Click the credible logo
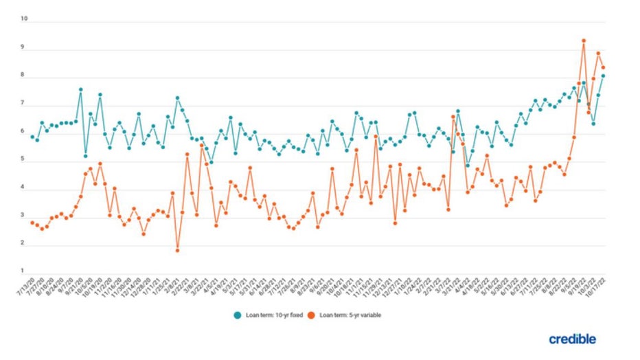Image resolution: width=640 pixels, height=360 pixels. click(572, 339)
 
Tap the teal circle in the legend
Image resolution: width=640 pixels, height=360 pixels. click(236, 315)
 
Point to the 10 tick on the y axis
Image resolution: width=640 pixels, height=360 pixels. click(24, 19)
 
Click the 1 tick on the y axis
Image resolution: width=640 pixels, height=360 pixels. click(24, 271)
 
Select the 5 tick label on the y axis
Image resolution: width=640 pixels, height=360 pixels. click(24, 159)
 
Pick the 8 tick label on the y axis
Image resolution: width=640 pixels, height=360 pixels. click(24, 76)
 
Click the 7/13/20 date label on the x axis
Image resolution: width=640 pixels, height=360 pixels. click(26, 289)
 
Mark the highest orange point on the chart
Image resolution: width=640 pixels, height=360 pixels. click(584, 41)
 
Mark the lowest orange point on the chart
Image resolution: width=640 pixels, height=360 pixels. click(177, 251)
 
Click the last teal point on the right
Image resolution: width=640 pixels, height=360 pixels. click(603, 76)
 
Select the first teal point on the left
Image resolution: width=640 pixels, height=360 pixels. click(32, 137)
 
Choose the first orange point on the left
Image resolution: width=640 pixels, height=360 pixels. click(32, 223)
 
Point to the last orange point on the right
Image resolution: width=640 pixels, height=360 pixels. click(603, 67)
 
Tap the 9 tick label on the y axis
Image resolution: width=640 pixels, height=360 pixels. click(24, 47)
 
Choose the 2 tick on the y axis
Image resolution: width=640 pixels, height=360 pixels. click(24, 243)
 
